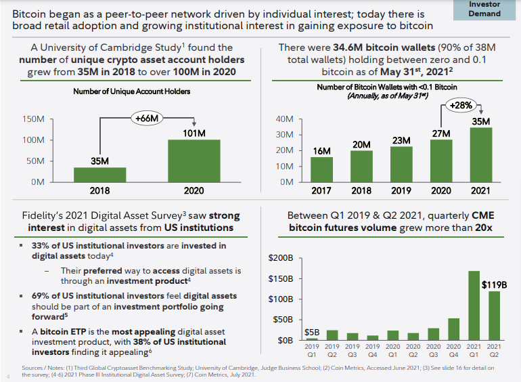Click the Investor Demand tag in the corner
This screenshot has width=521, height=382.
tap(484, 9)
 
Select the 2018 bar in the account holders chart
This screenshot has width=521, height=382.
tap(100, 175)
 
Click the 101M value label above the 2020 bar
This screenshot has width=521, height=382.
tap(193, 132)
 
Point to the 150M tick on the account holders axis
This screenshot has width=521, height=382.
tap(33, 119)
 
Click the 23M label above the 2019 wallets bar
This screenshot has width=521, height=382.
tap(402, 140)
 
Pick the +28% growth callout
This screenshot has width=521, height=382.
tap(462, 105)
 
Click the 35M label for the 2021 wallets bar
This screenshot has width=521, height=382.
tap(480, 121)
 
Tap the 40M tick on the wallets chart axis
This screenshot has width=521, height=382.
tap(286, 119)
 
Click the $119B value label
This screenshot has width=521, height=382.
tap(493, 284)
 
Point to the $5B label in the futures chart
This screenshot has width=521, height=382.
tap(312, 333)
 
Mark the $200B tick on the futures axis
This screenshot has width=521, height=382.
tap(281, 258)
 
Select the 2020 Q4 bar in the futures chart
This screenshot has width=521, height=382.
tap(453, 328)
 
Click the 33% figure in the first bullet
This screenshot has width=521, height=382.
tap(40, 246)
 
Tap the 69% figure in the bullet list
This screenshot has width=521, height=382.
tap(40, 296)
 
